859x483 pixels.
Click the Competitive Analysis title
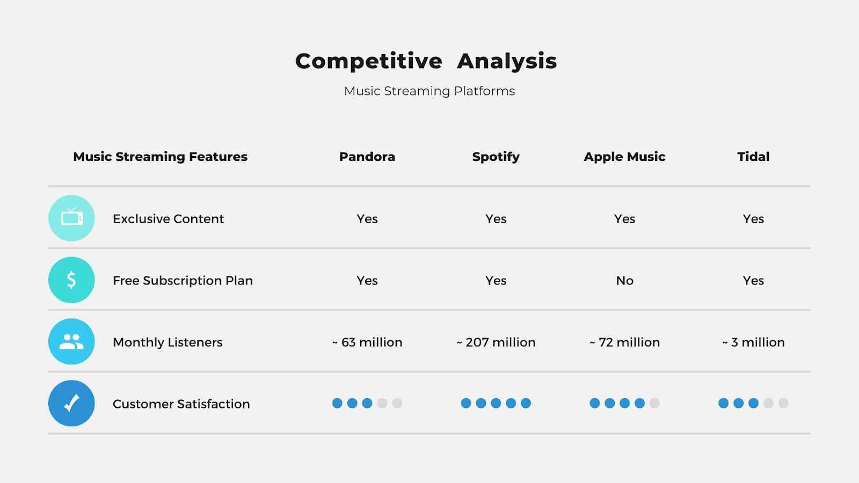click(x=426, y=61)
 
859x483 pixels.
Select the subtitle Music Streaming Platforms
click(x=429, y=91)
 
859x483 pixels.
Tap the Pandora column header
click(x=367, y=157)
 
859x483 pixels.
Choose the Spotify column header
click(x=496, y=157)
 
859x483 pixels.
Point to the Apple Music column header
click(x=624, y=157)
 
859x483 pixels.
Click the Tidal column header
click(x=753, y=157)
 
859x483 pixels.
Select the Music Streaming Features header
click(x=161, y=157)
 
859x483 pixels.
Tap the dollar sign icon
click(x=72, y=280)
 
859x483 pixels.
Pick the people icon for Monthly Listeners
click(x=72, y=341)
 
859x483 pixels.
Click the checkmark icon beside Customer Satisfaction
click(x=72, y=403)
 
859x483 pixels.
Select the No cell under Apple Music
click(x=625, y=281)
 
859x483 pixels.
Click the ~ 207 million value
click(x=496, y=342)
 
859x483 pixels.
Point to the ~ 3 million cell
click(x=754, y=342)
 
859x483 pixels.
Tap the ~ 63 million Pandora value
click(x=367, y=342)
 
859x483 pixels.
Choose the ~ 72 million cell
click(x=625, y=342)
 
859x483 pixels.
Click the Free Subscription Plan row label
click(x=183, y=281)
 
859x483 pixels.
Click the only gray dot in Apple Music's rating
click(x=654, y=403)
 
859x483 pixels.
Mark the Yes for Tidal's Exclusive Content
click(x=754, y=219)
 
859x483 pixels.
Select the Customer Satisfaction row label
click(x=181, y=404)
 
